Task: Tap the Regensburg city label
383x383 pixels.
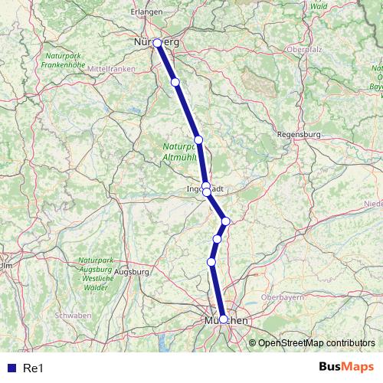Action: (299, 134)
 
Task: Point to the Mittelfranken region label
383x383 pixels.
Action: (111, 69)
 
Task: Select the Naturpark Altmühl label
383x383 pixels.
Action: (180, 151)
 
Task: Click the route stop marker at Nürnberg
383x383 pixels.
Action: (157, 44)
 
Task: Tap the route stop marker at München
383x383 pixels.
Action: (223, 319)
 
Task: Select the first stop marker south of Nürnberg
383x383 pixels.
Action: (175, 82)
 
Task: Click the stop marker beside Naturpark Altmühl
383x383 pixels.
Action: (198, 139)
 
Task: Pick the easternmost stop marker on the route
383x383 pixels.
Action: (225, 221)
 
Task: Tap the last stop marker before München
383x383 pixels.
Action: (211, 262)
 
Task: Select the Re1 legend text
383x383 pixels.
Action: (33, 368)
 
